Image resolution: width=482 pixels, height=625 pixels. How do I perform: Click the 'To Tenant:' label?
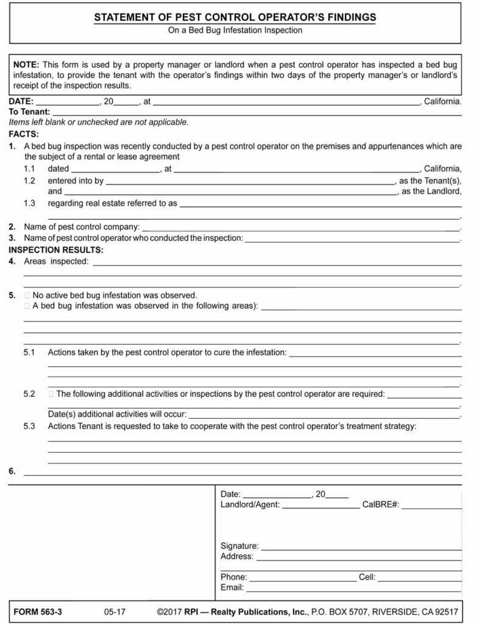[29, 112]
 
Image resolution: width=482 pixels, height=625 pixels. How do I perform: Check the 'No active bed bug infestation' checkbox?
[27, 295]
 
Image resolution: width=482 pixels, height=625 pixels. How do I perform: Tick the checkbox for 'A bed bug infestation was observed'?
[27, 306]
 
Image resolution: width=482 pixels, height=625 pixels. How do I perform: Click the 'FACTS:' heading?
[24, 133]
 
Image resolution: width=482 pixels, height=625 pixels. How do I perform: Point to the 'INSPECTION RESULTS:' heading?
[56, 250]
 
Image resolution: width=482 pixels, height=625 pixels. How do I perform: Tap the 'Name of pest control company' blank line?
[299, 228]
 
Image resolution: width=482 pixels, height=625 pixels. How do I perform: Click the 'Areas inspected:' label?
[56, 261]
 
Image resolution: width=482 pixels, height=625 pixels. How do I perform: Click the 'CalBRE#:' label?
[380, 505]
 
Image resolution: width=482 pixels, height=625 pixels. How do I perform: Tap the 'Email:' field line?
[353, 588]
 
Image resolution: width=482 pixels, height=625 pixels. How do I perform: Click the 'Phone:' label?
[233, 577]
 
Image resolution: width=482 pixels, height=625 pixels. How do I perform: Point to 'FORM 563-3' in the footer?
[38, 612]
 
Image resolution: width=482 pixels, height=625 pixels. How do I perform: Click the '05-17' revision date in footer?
[115, 612]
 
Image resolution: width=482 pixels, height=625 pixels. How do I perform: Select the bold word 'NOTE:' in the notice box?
[26, 64]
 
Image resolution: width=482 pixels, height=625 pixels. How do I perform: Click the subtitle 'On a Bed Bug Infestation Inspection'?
[235, 30]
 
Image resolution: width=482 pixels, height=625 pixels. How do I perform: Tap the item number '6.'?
[12, 471]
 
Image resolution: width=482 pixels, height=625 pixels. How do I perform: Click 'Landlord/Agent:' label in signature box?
[250, 505]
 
